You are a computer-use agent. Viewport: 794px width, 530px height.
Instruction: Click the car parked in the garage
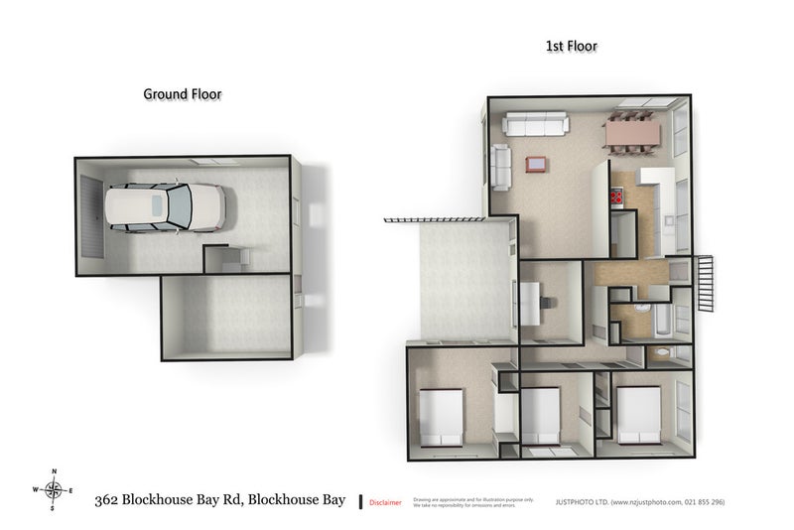pyautogui.click(x=165, y=207)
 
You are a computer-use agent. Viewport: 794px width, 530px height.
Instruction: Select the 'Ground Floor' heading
pyautogui.click(x=182, y=94)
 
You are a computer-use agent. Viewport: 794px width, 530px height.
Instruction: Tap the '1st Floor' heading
pyautogui.click(x=572, y=46)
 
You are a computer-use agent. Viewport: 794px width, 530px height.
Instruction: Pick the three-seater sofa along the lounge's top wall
pyautogui.click(x=536, y=125)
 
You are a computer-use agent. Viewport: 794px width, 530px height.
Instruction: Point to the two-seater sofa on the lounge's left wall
pyautogui.click(x=500, y=167)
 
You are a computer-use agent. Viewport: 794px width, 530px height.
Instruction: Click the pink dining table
pyautogui.click(x=631, y=131)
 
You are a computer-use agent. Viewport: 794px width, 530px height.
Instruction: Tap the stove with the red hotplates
pyautogui.click(x=616, y=198)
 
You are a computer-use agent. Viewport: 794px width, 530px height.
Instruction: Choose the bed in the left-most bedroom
pyautogui.click(x=441, y=416)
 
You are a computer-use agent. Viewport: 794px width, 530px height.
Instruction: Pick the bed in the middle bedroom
pyautogui.click(x=541, y=415)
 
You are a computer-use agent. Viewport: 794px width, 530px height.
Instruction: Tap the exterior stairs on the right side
pyautogui.click(x=706, y=283)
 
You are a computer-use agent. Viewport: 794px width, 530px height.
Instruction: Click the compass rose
pyautogui.click(x=54, y=488)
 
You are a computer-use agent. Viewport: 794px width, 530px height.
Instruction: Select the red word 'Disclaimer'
pyautogui.click(x=385, y=503)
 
